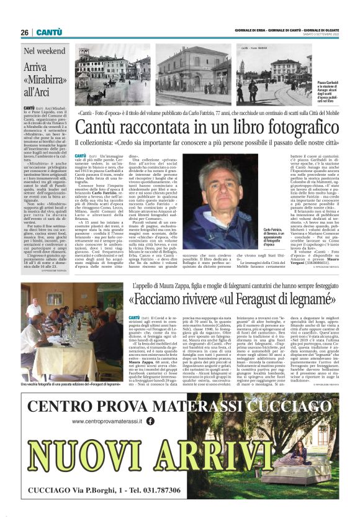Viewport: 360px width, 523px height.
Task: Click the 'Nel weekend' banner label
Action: tap(44, 51)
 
